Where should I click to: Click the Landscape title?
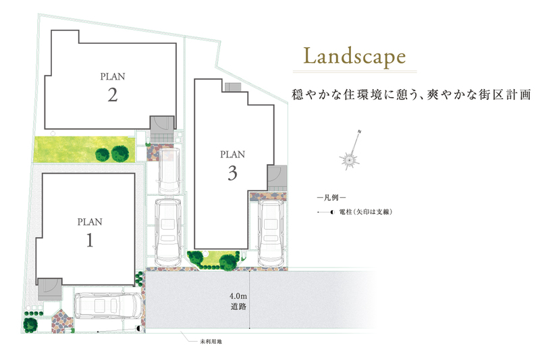(354, 57)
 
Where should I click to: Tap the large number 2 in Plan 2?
(113, 95)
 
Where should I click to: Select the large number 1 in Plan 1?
(90, 240)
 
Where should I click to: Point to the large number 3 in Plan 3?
(232, 173)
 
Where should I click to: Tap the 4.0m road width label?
(238, 296)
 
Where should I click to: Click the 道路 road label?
(238, 306)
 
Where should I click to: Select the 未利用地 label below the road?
(211, 341)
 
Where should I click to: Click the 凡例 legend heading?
(331, 198)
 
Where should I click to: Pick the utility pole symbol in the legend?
(326, 212)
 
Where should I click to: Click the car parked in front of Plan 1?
(108, 305)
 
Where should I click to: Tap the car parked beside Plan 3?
(271, 233)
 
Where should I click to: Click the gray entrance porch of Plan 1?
(49, 289)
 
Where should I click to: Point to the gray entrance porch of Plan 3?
(277, 178)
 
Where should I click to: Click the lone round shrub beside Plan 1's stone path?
(30, 324)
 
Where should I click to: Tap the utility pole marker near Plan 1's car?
(139, 329)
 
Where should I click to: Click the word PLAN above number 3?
(232, 155)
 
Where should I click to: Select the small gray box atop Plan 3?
(232, 87)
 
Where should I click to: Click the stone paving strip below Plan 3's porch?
(268, 197)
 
